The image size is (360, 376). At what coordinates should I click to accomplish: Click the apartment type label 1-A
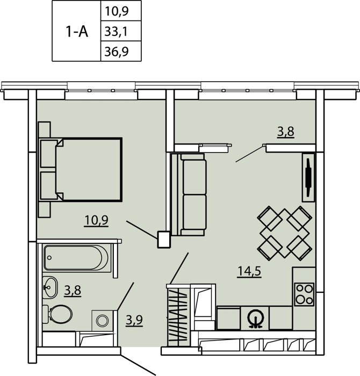(77, 31)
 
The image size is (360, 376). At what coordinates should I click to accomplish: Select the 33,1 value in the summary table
(116, 31)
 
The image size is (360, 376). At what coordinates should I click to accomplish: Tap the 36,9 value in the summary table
(117, 52)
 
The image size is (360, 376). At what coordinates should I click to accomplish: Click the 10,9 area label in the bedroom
(96, 221)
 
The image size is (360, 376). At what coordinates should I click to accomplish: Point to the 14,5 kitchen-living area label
(249, 272)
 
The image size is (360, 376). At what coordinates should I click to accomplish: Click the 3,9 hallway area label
(134, 320)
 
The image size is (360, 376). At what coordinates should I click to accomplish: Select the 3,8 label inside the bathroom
(73, 291)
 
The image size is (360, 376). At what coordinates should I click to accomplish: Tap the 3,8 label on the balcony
(286, 132)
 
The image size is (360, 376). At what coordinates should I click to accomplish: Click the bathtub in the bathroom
(76, 258)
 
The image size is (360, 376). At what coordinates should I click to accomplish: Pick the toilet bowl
(58, 314)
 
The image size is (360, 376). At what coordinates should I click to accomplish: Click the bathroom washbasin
(50, 287)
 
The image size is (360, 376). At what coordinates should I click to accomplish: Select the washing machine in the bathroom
(103, 320)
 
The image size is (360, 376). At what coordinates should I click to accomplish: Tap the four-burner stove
(304, 294)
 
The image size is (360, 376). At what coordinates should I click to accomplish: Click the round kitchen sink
(255, 318)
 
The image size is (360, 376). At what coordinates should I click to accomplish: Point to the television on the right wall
(308, 177)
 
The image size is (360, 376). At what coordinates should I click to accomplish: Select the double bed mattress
(89, 169)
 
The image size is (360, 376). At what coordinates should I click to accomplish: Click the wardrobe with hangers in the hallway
(178, 315)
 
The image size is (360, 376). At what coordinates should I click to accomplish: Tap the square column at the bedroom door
(164, 240)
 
